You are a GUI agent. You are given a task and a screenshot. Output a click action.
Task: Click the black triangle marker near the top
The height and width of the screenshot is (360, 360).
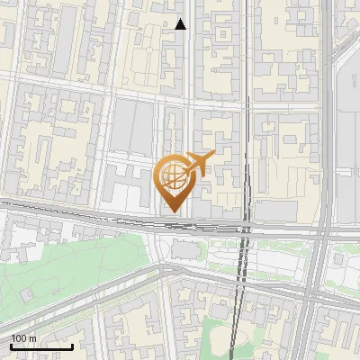click(x=181, y=24)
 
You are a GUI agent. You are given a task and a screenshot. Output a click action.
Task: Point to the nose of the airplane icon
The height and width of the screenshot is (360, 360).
click(x=212, y=155)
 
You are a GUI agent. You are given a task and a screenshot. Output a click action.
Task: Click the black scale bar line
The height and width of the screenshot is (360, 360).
click(x=41, y=346)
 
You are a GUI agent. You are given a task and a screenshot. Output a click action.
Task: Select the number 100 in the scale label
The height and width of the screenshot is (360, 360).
click(x=19, y=338)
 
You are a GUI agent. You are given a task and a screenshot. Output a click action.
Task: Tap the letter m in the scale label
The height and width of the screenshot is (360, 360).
click(x=32, y=338)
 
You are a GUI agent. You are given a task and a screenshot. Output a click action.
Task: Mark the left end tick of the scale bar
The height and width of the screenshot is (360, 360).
click(x=11, y=346)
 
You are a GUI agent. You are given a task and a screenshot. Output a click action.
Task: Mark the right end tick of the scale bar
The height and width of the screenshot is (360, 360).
click(x=72, y=346)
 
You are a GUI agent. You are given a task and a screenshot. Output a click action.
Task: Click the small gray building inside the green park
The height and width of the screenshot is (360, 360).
click(x=28, y=294)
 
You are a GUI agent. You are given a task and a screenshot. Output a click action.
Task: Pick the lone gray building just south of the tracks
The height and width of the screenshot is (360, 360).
click(x=184, y=248)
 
